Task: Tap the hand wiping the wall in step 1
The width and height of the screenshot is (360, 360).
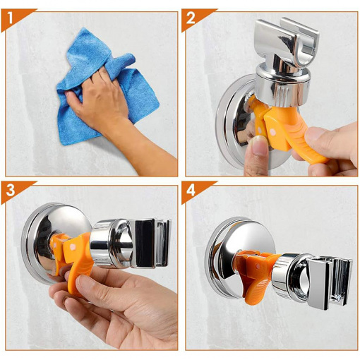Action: click(111, 111)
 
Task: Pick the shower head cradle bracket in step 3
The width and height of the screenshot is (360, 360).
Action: click(150, 244)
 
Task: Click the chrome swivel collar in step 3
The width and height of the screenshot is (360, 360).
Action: click(111, 244)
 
